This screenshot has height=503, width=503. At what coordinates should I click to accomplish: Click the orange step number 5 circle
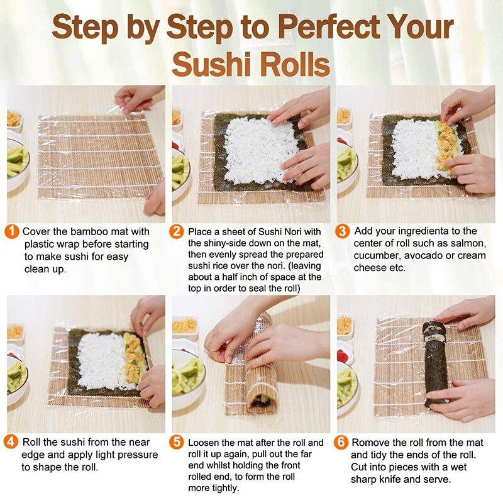coord(178,443)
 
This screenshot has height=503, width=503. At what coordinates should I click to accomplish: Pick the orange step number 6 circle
coord(343,443)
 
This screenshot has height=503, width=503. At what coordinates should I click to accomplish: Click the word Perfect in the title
coord(331,28)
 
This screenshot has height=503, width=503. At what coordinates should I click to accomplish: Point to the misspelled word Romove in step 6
coord(372,443)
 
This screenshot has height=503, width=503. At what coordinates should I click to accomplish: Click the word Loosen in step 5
coord(205,443)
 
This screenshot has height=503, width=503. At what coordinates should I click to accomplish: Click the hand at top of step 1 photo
coord(138,97)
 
